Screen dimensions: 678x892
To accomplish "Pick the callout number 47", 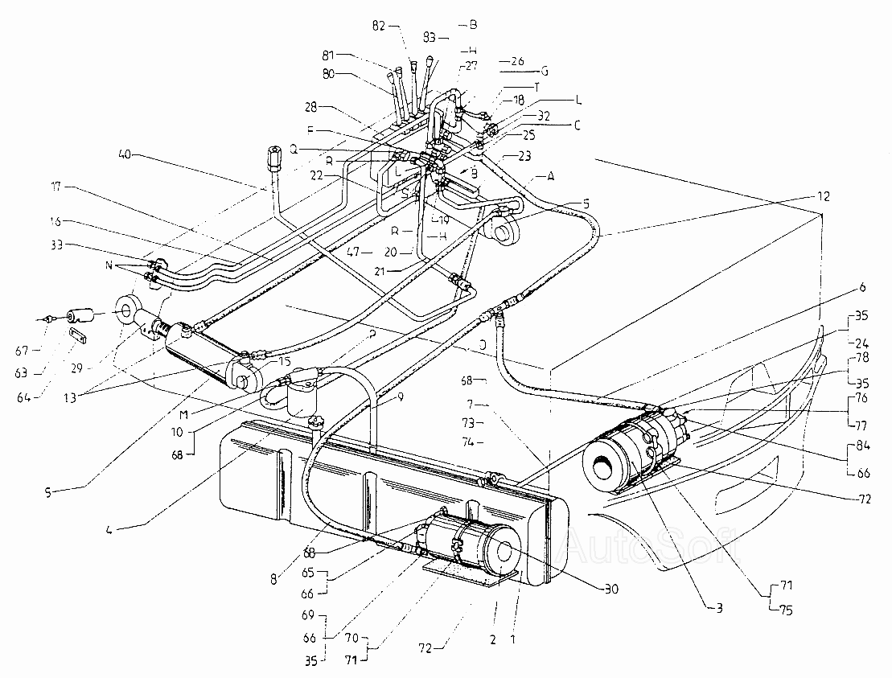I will click(354, 251).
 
